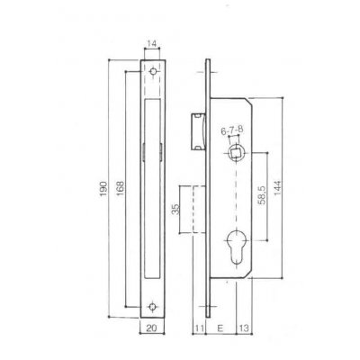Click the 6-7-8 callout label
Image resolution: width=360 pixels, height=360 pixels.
click(233, 131)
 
